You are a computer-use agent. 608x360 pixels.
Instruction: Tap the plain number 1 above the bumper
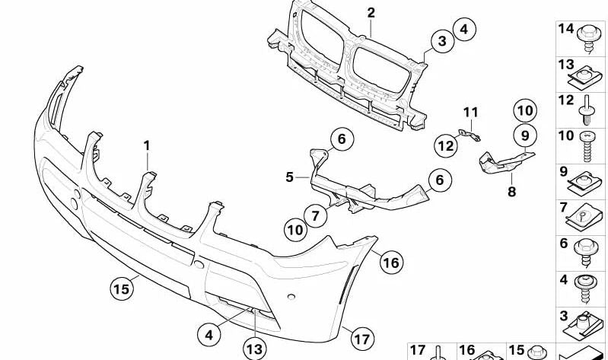coord(147,144)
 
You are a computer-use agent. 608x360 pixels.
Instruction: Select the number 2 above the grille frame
coord(371,12)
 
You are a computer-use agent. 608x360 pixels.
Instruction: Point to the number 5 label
coord(290,177)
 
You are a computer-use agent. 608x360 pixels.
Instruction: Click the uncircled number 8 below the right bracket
coord(511,192)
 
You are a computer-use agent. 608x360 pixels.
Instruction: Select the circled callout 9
coord(524,136)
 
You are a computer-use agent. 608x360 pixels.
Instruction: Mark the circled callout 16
coord(390,263)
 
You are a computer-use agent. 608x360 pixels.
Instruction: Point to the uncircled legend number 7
coord(564,207)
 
